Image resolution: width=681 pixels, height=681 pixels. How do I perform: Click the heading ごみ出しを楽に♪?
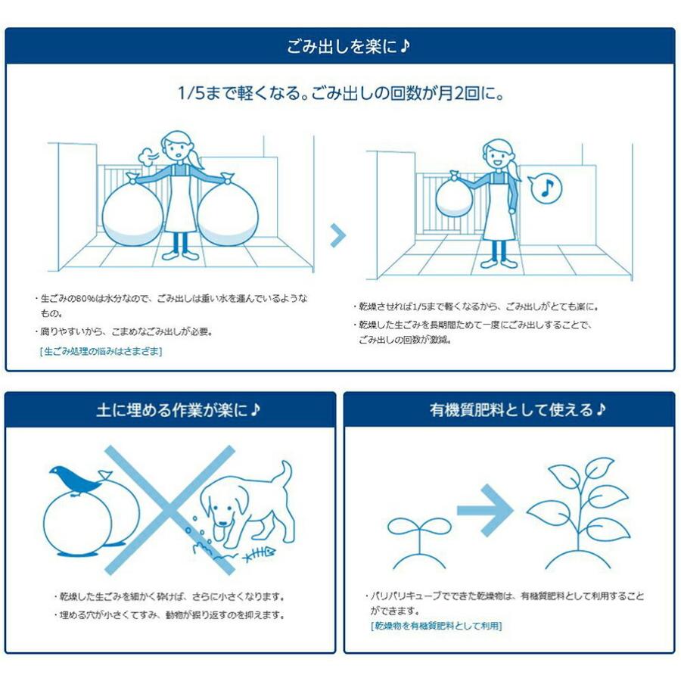click(x=340, y=47)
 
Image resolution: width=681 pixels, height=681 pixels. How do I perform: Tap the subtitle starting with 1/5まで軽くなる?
click(x=340, y=95)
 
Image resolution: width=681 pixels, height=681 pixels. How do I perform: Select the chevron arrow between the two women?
click(x=338, y=235)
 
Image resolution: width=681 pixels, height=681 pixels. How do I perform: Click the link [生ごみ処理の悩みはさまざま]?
click(x=101, y=351)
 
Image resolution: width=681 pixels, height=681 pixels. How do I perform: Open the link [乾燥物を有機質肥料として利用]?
click(x=436, y=626)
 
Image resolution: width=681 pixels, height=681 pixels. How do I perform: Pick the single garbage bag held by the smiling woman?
click(x=452, y=200)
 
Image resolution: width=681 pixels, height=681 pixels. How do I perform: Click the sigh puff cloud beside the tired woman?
click(x=145, y=156)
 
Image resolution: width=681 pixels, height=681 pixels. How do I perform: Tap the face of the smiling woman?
click(x=496, y=157)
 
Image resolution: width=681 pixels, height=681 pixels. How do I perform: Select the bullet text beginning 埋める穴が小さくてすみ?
click(x=170, y=614)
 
